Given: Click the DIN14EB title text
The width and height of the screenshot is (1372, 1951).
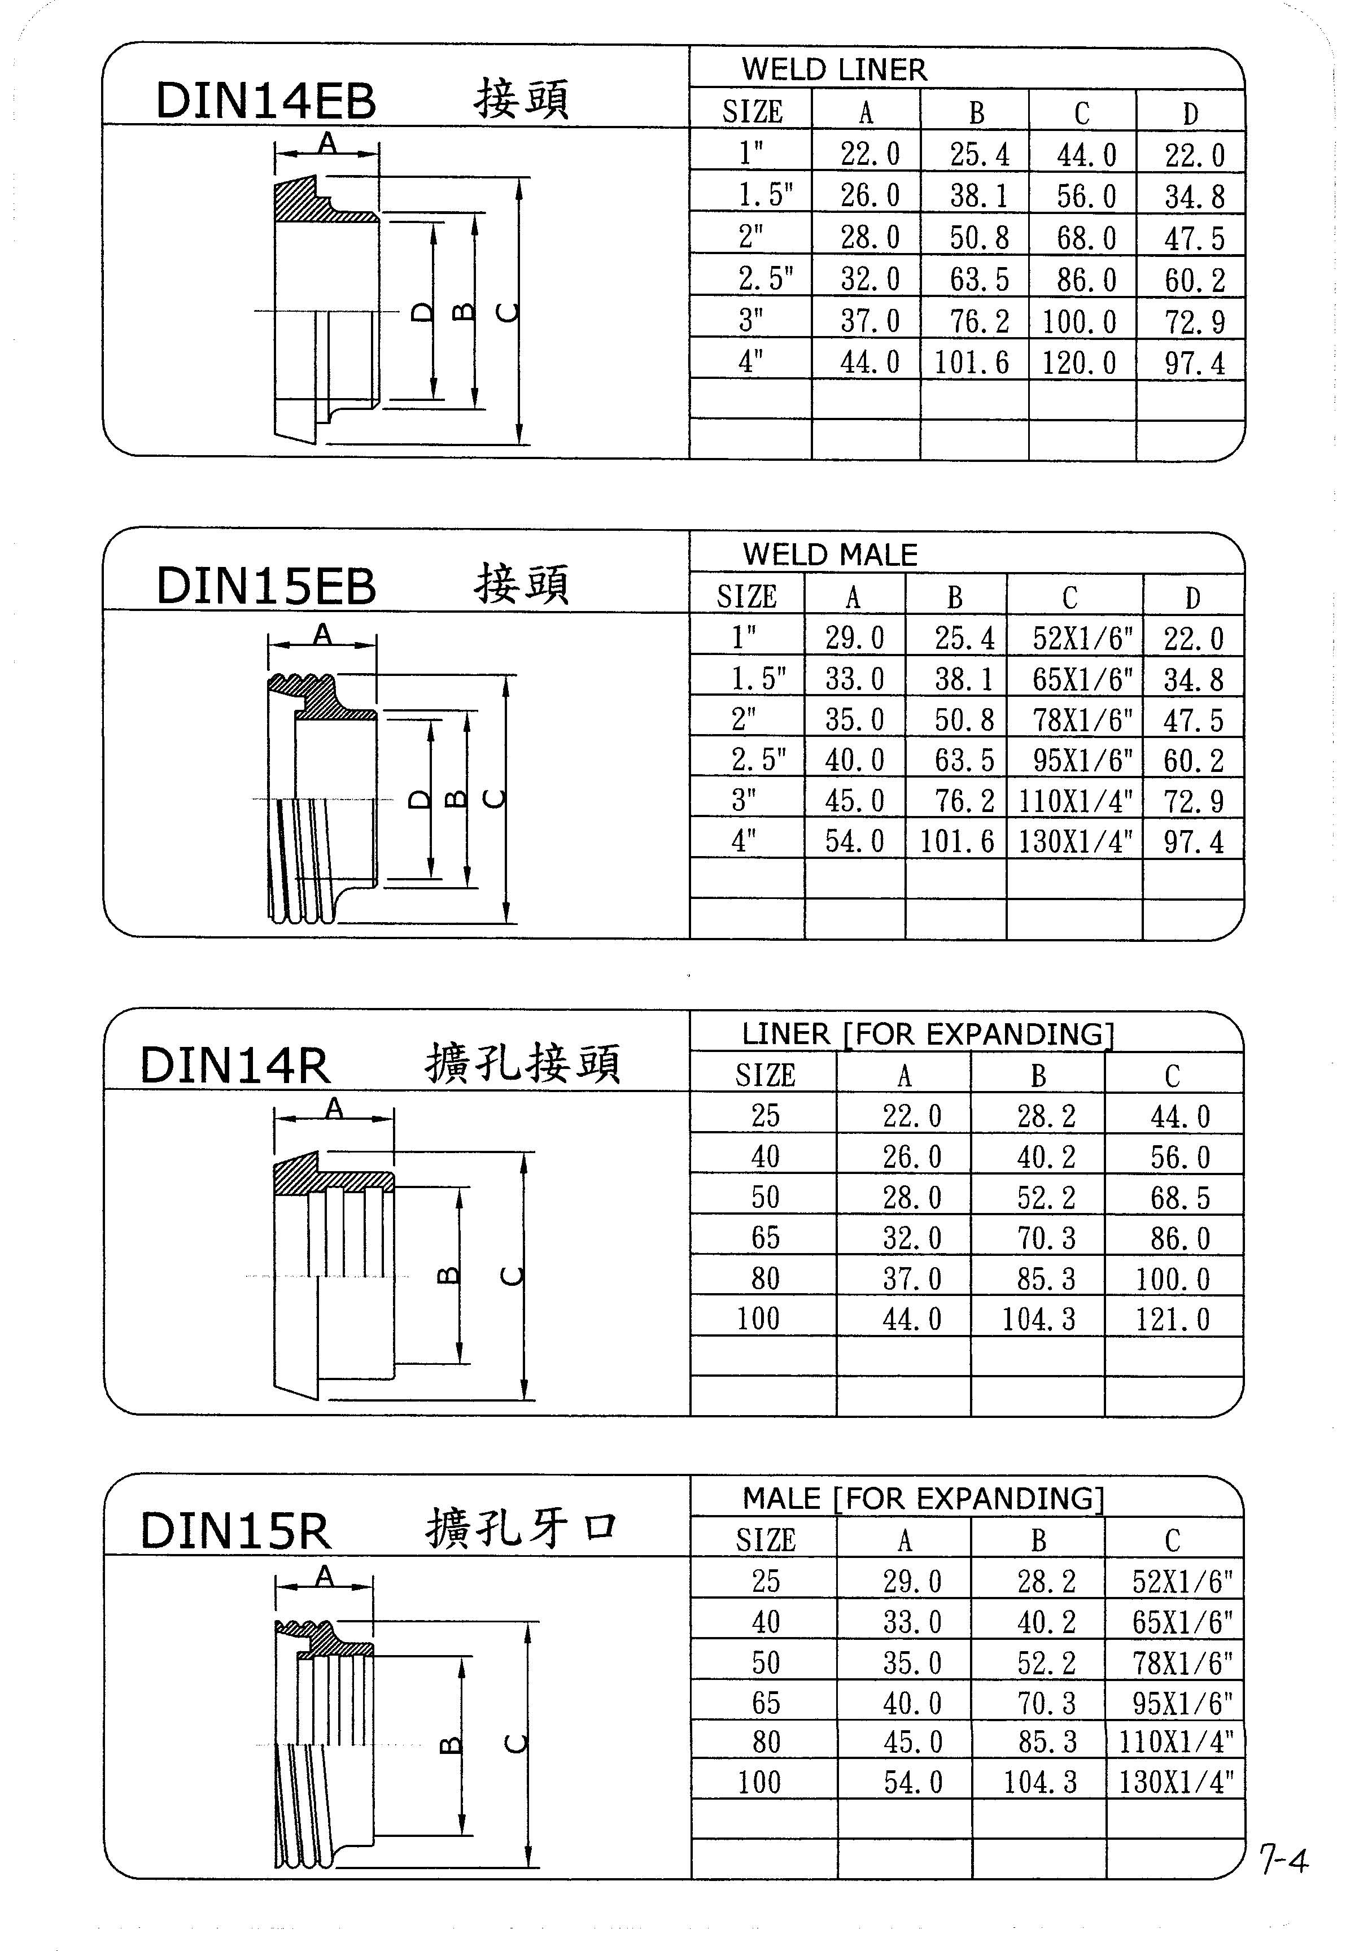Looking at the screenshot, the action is tap(266, 101).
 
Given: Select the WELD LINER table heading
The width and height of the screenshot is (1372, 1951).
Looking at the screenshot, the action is tap(834, 69).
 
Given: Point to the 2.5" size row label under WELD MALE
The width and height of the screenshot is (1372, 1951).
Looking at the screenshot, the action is tap(759, 759).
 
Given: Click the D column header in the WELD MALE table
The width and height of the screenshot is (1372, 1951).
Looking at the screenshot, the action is tap(1193, 597).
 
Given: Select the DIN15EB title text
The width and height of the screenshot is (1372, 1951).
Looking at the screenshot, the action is tap(266, 586).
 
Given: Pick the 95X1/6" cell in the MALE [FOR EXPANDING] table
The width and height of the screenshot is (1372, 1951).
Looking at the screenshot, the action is tap(1182, 1703).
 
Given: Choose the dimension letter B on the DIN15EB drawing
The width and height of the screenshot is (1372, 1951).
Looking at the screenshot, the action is tap(456, 799).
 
